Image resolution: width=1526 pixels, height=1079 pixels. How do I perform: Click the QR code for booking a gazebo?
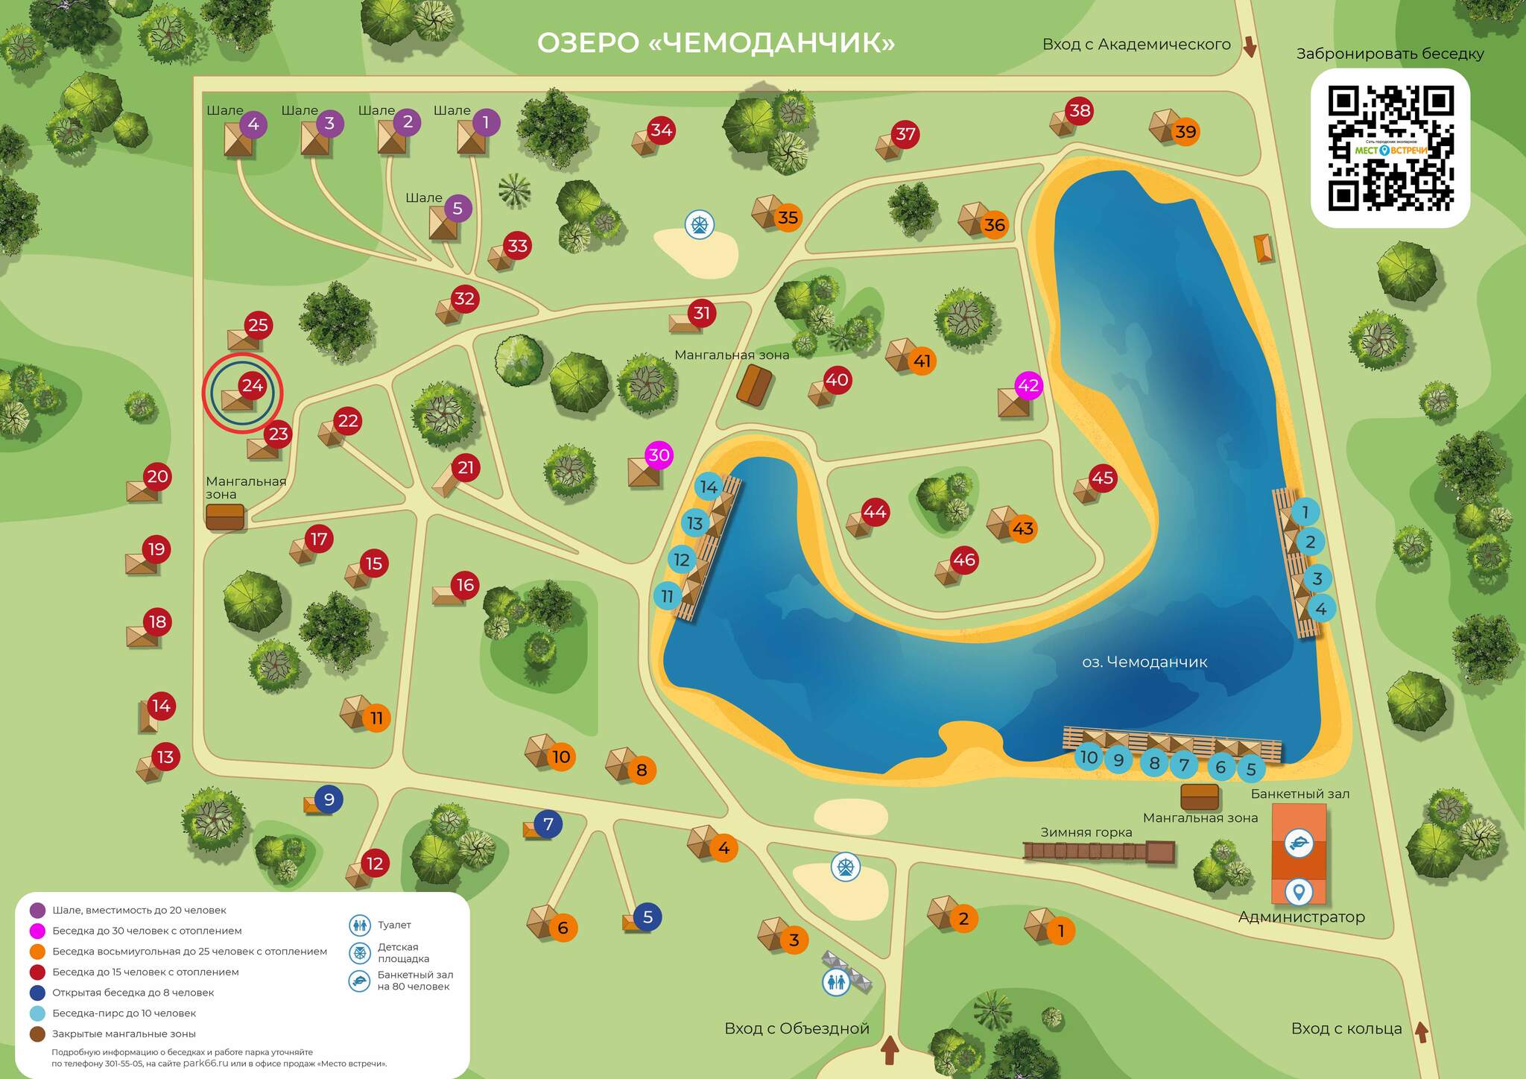(1390, 148)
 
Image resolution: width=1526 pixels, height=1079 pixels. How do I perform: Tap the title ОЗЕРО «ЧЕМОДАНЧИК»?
(715, 42)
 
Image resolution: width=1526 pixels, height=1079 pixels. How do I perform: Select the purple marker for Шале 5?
(458, 209)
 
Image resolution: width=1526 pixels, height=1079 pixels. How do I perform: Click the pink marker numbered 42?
(1028, 385)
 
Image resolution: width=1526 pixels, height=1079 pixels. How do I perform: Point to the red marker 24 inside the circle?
(252, 385)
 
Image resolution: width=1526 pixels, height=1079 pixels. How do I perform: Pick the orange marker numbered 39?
(1185, 132)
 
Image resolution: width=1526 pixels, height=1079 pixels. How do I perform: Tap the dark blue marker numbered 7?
(548, 824)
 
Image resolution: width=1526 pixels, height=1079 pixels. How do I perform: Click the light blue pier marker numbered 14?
(709, 487)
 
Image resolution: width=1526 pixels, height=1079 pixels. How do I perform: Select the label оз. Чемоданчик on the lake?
(1144, 662)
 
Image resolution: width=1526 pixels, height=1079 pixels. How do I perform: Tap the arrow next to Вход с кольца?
(1421, 1032)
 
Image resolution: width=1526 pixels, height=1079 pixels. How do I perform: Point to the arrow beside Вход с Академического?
(1250, 47)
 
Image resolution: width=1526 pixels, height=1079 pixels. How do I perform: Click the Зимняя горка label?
(1086, 832)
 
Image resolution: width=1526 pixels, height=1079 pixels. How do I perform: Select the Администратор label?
(1301, 917)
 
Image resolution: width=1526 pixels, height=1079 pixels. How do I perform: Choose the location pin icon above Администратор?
(1299, 890)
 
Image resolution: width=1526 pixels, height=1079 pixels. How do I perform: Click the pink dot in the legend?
(37, 931)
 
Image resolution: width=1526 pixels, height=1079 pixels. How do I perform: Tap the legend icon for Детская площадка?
(360, 953)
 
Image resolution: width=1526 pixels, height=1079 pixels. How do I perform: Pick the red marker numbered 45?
(1102, 478)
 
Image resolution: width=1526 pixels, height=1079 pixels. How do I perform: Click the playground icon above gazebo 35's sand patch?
(700, 224)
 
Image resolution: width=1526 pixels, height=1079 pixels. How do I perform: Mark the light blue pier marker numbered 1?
(1305, 512)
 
